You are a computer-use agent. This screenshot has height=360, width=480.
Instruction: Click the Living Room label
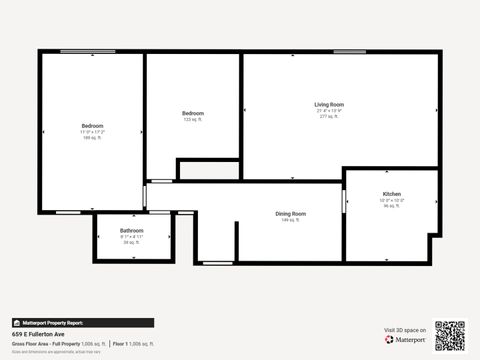click(329, 104)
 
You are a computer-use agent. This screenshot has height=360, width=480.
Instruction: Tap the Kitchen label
click(392, 193)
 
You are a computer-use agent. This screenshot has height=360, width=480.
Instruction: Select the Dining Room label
click(291, 213)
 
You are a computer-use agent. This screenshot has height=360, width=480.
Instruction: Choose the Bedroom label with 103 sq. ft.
click(193, 113)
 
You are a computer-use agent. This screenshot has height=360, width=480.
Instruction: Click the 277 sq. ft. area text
click(329, 117)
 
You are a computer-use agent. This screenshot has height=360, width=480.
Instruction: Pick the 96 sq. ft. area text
click(392, 206)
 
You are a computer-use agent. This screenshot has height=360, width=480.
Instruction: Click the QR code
click(451, 335)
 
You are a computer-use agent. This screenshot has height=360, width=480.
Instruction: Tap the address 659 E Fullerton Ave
click(38, 335)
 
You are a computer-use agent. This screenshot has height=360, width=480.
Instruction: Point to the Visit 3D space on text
click(405, 330)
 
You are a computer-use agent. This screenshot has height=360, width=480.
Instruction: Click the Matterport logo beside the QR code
click(408, 340)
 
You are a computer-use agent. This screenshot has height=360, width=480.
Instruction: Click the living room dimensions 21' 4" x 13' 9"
click(329, 111)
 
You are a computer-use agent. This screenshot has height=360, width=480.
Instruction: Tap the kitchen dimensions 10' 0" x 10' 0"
click(392, 200)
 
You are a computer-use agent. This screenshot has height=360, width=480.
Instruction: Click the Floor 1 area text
click(134, 344)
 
